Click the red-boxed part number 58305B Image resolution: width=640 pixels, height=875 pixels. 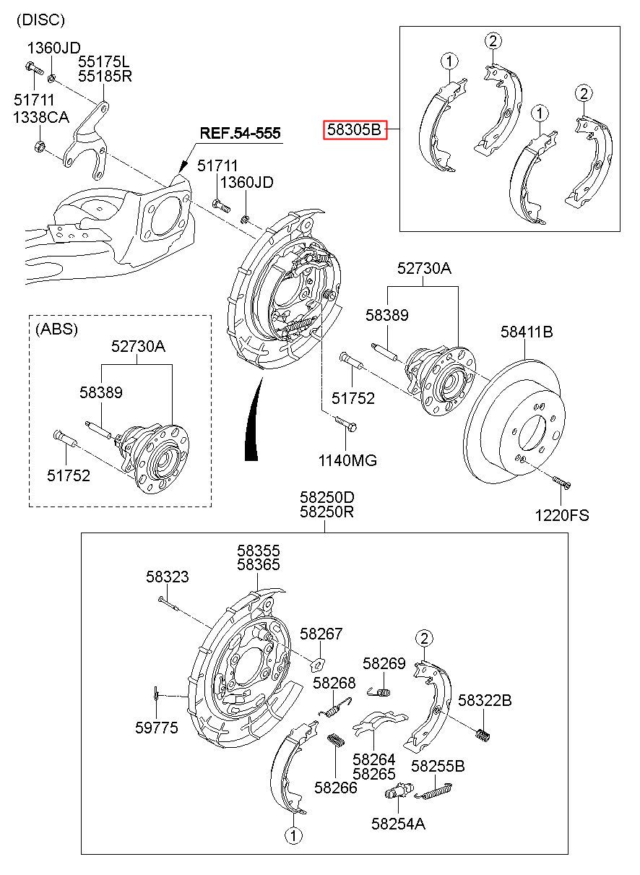point(353,130)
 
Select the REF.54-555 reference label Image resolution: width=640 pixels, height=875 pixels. point(240,134)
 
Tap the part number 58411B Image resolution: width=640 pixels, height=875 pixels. point(527,332)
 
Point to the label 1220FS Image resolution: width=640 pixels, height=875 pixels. point(561,515)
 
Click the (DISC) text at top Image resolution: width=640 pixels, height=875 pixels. point(41,20)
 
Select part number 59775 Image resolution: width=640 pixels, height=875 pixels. point(156,728)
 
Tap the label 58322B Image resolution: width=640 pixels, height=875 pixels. point(485,700)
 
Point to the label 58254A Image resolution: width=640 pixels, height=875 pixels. point(398,822)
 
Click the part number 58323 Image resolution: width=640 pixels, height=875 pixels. point(168,577)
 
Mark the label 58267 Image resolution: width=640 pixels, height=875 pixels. point(321,634)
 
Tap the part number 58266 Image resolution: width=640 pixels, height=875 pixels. point(336,787)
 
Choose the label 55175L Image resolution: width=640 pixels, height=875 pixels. point(105,61)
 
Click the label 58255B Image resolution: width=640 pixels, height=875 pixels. point(438,766)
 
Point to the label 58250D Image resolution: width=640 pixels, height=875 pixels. point(327,497)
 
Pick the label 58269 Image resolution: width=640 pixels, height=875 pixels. point(384,663)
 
